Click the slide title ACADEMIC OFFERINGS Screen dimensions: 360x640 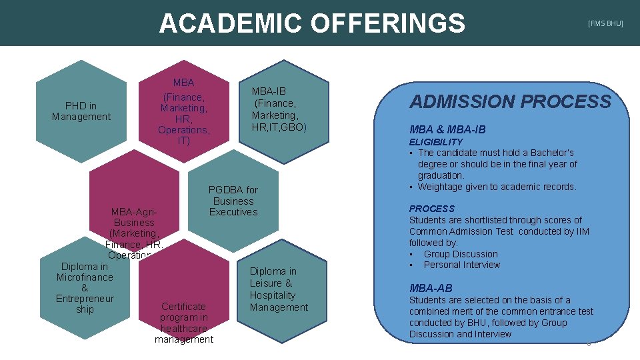[x=311, y=23]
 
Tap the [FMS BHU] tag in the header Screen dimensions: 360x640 [x=605, y=23]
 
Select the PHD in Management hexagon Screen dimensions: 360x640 [x=81, y=111]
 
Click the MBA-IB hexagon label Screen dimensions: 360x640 [x=279, y=109]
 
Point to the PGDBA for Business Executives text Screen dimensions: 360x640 [x=233, y=201]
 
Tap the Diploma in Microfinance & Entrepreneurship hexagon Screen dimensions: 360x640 [x=85, y=288]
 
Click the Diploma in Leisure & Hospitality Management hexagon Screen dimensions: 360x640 [x=279, y=289]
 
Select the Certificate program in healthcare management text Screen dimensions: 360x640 [x=184, y=323]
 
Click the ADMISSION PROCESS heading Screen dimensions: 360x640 [x=510, y=101]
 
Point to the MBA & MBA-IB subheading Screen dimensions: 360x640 [x=447, y=129]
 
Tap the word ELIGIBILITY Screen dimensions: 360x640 [x=435, y=142]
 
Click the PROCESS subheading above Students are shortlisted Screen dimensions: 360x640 [x=431, y=209]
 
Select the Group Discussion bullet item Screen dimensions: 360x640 [x=461, y=254]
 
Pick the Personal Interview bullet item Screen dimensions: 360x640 [x=461, y=265]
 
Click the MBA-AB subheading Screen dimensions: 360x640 [x=431, y=288]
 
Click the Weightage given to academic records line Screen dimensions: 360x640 [x=497, y=187]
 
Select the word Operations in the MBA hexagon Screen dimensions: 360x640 [x=184, y=129]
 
